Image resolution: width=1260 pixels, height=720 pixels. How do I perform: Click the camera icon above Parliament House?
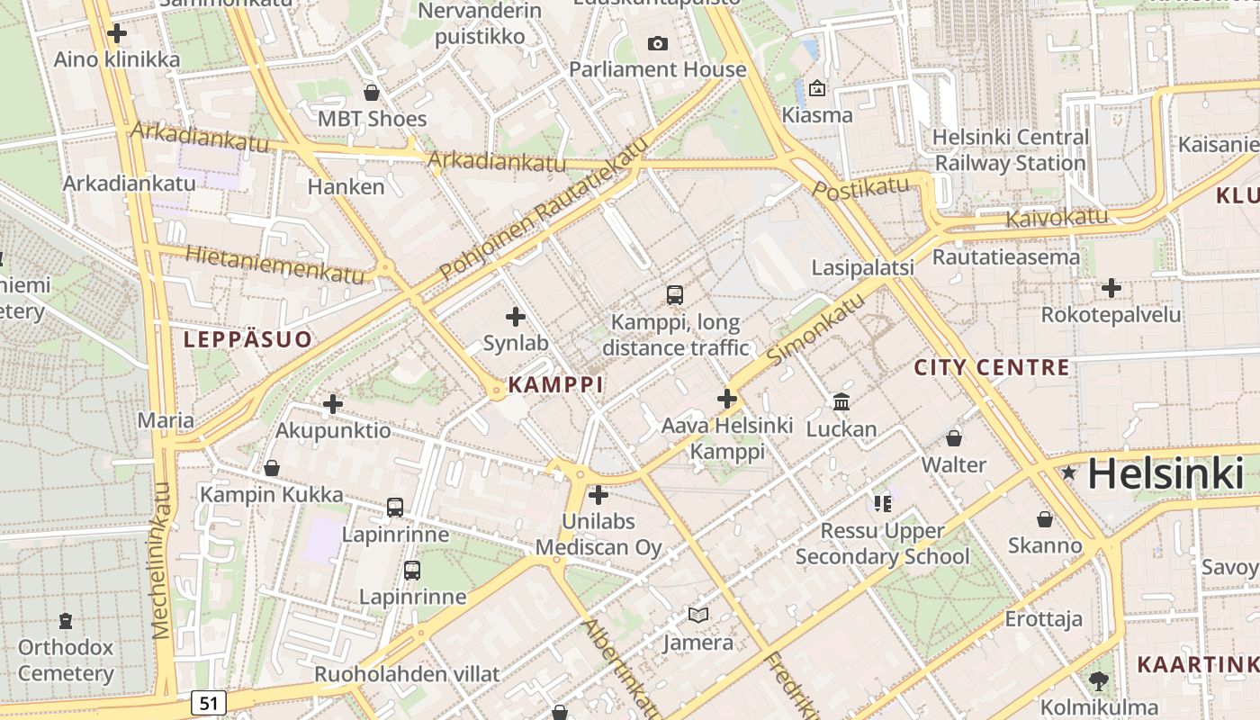click(658, 43)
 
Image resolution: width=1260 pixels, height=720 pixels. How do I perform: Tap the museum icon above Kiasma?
click(817, 88)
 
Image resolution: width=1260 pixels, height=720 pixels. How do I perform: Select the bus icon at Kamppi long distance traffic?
click(675, 294)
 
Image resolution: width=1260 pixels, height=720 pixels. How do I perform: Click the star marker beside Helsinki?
click(1068, 472)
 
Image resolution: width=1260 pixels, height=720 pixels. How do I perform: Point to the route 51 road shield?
click(208, 703)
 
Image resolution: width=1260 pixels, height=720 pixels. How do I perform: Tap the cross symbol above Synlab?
click(516, 316)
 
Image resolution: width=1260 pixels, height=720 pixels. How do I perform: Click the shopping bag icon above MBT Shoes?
click(371, 92)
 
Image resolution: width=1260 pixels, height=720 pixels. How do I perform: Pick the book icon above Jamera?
click(698, 616)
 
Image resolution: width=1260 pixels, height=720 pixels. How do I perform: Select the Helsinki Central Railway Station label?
click(1010, 150)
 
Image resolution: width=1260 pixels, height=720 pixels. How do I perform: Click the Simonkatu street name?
click(816, 329)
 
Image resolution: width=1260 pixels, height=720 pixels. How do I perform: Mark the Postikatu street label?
click(861, 188)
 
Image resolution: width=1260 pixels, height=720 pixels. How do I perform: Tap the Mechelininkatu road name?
click(161, 560)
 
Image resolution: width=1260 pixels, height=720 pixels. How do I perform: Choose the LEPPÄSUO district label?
click(247, 339)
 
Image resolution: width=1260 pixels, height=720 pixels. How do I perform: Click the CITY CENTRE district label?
click(992, 367)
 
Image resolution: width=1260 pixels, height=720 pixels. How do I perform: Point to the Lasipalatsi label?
click(862, 267)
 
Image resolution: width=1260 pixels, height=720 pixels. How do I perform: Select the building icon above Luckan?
click(841, 401)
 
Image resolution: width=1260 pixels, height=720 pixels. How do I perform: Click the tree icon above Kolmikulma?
click(1098, 680)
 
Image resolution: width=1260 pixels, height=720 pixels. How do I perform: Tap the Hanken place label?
click(346, 186)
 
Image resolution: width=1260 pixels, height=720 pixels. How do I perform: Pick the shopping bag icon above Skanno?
click(1045, 519)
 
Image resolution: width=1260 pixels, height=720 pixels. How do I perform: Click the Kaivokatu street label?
click(1057, 217)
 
